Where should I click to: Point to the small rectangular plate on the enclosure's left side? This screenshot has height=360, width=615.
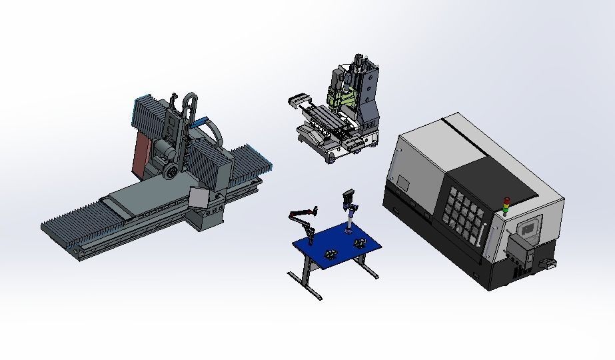(x=404, y=181)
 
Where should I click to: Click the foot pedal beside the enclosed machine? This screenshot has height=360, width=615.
(x=551, y=265)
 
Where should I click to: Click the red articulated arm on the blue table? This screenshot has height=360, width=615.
(x=301, y=215)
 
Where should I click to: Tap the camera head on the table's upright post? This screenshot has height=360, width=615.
(x=348, y=198)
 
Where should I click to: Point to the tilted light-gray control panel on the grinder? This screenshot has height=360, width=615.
(x=199, y=199)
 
